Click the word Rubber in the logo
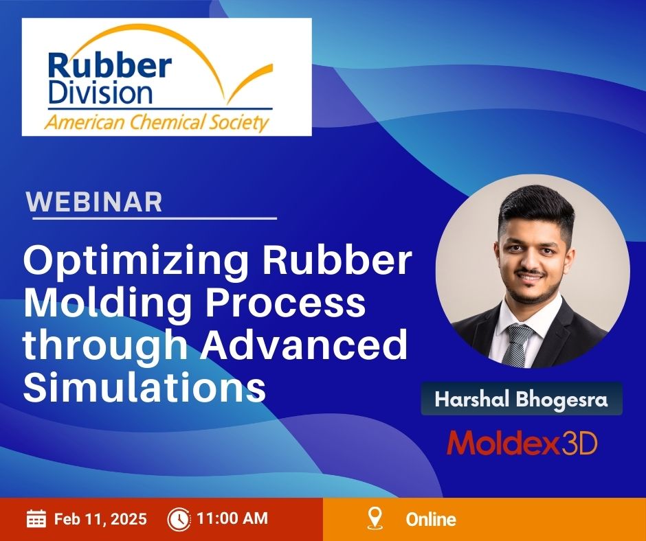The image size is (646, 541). (110, 66)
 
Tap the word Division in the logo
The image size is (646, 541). (100, 92)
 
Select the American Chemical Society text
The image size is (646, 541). (157, 123)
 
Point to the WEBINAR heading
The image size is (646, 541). (94, 202)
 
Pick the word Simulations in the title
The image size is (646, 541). (144, 387)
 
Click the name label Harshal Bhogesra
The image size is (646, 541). (521, 399)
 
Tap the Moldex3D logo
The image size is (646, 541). (522, 443)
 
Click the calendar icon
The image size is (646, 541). (36, 518)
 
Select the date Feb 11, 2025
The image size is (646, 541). (100, 519)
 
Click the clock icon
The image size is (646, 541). (179, 519)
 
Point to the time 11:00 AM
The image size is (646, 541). (232, 518)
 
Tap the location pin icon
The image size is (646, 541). (375, 518)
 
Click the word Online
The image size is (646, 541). (431, 519)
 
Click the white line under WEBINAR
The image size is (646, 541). (155, 218)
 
